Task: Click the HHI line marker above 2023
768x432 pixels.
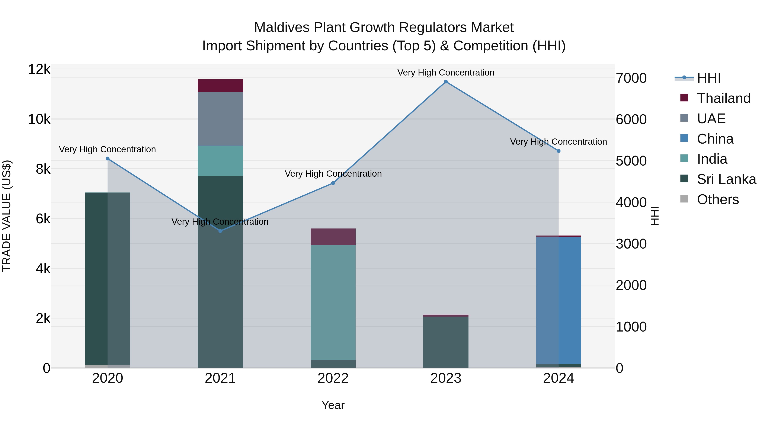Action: (x=446, y=82)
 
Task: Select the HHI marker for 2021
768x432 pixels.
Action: (x=220, y=231)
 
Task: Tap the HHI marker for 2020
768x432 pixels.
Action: (x=108, y=159)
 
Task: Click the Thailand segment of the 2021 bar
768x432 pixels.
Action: (x=220, y=86)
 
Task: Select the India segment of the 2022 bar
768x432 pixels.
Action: (x=333, y=302)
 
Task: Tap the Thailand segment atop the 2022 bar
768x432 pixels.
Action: (x=333, y=237)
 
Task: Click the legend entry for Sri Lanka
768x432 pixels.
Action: (x=726, y=179)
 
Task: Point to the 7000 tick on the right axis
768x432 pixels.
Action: (x=631, y=78)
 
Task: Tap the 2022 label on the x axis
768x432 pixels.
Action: (x=333, y=378)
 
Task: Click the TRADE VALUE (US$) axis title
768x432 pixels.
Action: (x=7, y=216)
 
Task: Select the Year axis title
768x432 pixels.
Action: (x=333, y=405)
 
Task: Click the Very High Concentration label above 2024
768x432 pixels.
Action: (x=559, y=142)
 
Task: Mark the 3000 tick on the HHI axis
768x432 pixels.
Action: (x=631, y=244)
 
